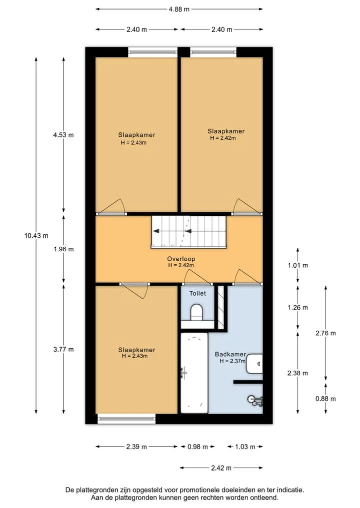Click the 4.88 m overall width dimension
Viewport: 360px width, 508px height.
coord(179,9)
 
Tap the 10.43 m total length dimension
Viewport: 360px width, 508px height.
coord(36,236)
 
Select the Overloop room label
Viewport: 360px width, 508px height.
coord(181,259)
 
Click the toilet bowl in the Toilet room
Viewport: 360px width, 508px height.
coord(196,312)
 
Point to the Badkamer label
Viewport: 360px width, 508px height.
coord(230,354)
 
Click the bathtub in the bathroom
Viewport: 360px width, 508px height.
coord(194,373)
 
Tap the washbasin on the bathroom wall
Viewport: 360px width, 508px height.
coord(254,363)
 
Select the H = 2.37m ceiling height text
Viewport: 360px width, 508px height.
coord(232,361)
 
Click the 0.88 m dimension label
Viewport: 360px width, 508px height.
coord(325,399)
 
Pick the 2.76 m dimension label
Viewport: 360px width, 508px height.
coord(325,333)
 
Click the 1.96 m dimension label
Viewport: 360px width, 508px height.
coord(63,249)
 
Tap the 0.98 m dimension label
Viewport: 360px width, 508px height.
coord(197,447)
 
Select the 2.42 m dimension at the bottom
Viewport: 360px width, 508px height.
coord(221,468)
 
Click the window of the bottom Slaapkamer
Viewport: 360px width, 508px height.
coord(126,419)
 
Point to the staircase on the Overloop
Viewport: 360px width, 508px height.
coord(189,232)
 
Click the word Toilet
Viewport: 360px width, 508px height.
coord(197,293)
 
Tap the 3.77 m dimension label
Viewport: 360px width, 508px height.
coord(63,349)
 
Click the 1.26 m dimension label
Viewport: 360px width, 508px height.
coord(297,308)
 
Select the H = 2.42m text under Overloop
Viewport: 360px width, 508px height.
coord(181,265)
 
